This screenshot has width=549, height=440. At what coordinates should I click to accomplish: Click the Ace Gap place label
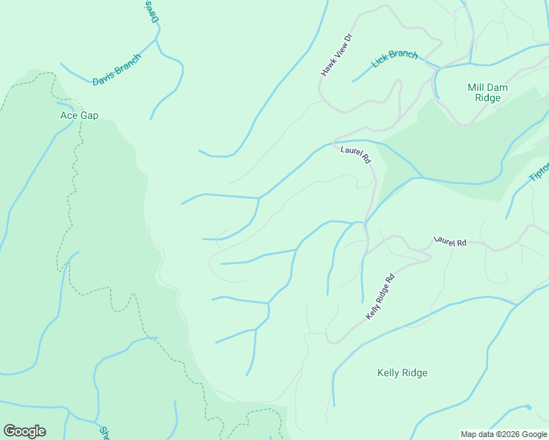(x=79, y=115)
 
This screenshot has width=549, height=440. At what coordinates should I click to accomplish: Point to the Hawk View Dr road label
(x=337, y=54)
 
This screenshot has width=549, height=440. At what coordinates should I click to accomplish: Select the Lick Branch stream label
(x=394, y=59)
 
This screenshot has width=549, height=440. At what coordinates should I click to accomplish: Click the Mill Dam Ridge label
(x=484, y=92)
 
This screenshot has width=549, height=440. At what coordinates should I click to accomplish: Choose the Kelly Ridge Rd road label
(x=380, y=296)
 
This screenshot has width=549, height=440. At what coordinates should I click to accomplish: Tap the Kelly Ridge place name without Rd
(x=401, y=373)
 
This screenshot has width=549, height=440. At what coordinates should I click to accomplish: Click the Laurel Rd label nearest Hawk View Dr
(x=356, y=155)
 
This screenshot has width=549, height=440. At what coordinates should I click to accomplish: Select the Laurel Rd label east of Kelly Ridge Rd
(x=449, y=241)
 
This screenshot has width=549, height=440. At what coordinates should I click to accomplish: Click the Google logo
(x=24, y=431)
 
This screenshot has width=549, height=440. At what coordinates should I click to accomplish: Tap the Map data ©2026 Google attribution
(x=503, y=434)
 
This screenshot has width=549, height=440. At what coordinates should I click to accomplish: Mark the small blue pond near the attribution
(x=527, y=406)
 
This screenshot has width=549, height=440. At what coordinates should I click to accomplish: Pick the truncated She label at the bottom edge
(x=103, y=433)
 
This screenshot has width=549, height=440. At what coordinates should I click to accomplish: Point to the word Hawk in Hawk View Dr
(x=327, y=68)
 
